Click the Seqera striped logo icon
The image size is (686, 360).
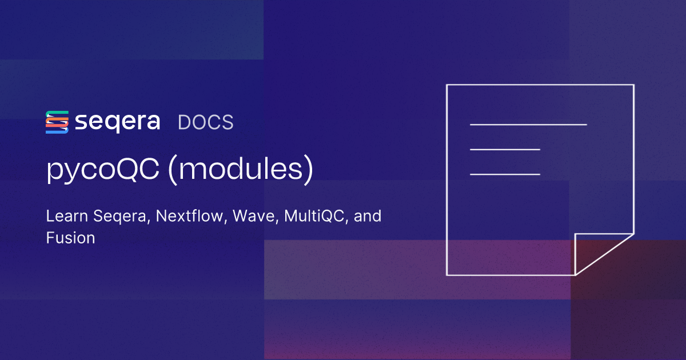point(57,122)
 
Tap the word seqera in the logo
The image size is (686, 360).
point(117,122)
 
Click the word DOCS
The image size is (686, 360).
point(206,123)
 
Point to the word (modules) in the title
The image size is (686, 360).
point(241,171)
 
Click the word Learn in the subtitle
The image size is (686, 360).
point(64,217)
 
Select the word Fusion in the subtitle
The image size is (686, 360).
point(70,238)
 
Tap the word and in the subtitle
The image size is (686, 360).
point(368,217)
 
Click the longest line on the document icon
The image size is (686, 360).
point(528,124)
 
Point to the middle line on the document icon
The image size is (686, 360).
point(505,149)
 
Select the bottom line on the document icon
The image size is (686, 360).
point(505,174)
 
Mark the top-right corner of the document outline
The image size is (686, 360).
point(633,85)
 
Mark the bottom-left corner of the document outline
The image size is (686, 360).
point(446,275)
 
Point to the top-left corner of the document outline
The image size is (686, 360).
point(446,85)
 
